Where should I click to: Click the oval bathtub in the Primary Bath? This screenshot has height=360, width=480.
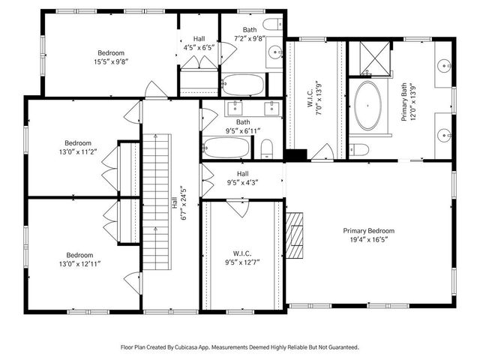(x=369, y=106)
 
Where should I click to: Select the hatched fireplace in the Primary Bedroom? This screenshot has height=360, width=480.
(x=296, y=234)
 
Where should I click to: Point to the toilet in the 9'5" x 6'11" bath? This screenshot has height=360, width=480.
(x=265, y=150)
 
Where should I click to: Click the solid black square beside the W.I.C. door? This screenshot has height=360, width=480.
(x=297, y=155)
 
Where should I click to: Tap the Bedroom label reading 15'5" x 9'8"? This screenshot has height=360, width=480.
(x=109, y=58)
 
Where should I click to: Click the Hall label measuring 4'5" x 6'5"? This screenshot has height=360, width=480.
(x=199, y=42)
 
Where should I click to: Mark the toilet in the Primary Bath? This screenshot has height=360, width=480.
(x=359, y=148)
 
